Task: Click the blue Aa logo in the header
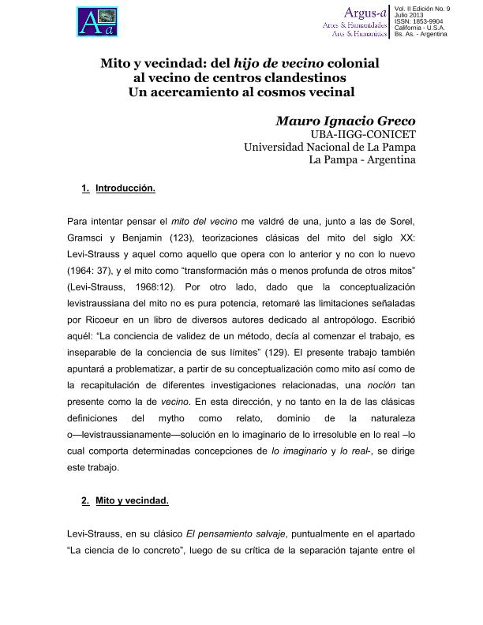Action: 96,21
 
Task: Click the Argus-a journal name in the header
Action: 364,12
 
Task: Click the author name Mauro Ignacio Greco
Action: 345,121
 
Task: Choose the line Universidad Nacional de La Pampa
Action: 329,147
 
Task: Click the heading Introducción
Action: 125,189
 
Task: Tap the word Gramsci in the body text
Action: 89,238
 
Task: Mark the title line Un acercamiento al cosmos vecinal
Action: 241,92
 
